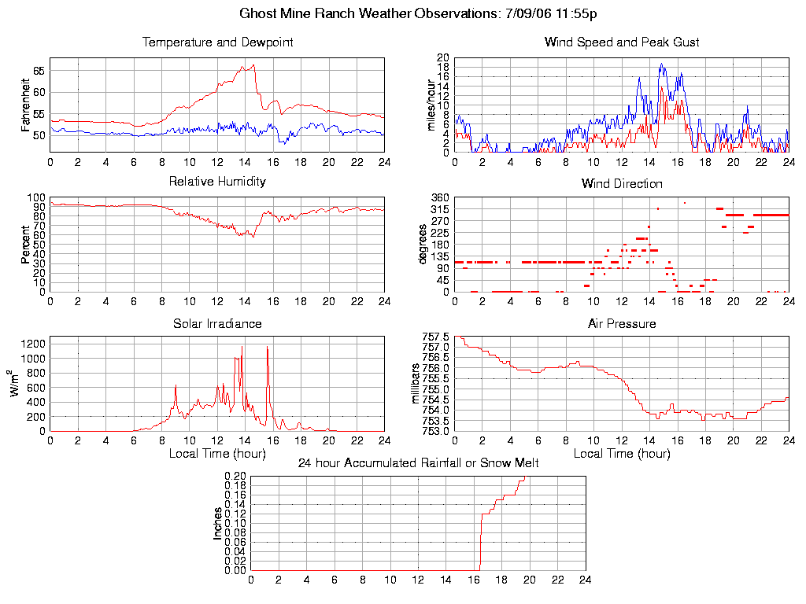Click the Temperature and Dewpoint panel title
tap(217, 42)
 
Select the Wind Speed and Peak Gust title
tap(622, 42)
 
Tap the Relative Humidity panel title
tap(217, 182)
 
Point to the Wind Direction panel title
tap(622, 183)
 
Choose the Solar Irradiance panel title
tap(217, 323)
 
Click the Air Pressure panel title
tap(622, 323)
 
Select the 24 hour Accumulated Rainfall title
tap(418, 463)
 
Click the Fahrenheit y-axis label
tap(27, 105)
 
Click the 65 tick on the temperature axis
tap(39, 71)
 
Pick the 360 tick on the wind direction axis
tap(439, 197)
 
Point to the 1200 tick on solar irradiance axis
tap(34, 344)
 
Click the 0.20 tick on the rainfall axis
tap(235, 477)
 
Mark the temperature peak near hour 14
tap(253, 65)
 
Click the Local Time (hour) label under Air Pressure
tap(622, 454)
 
